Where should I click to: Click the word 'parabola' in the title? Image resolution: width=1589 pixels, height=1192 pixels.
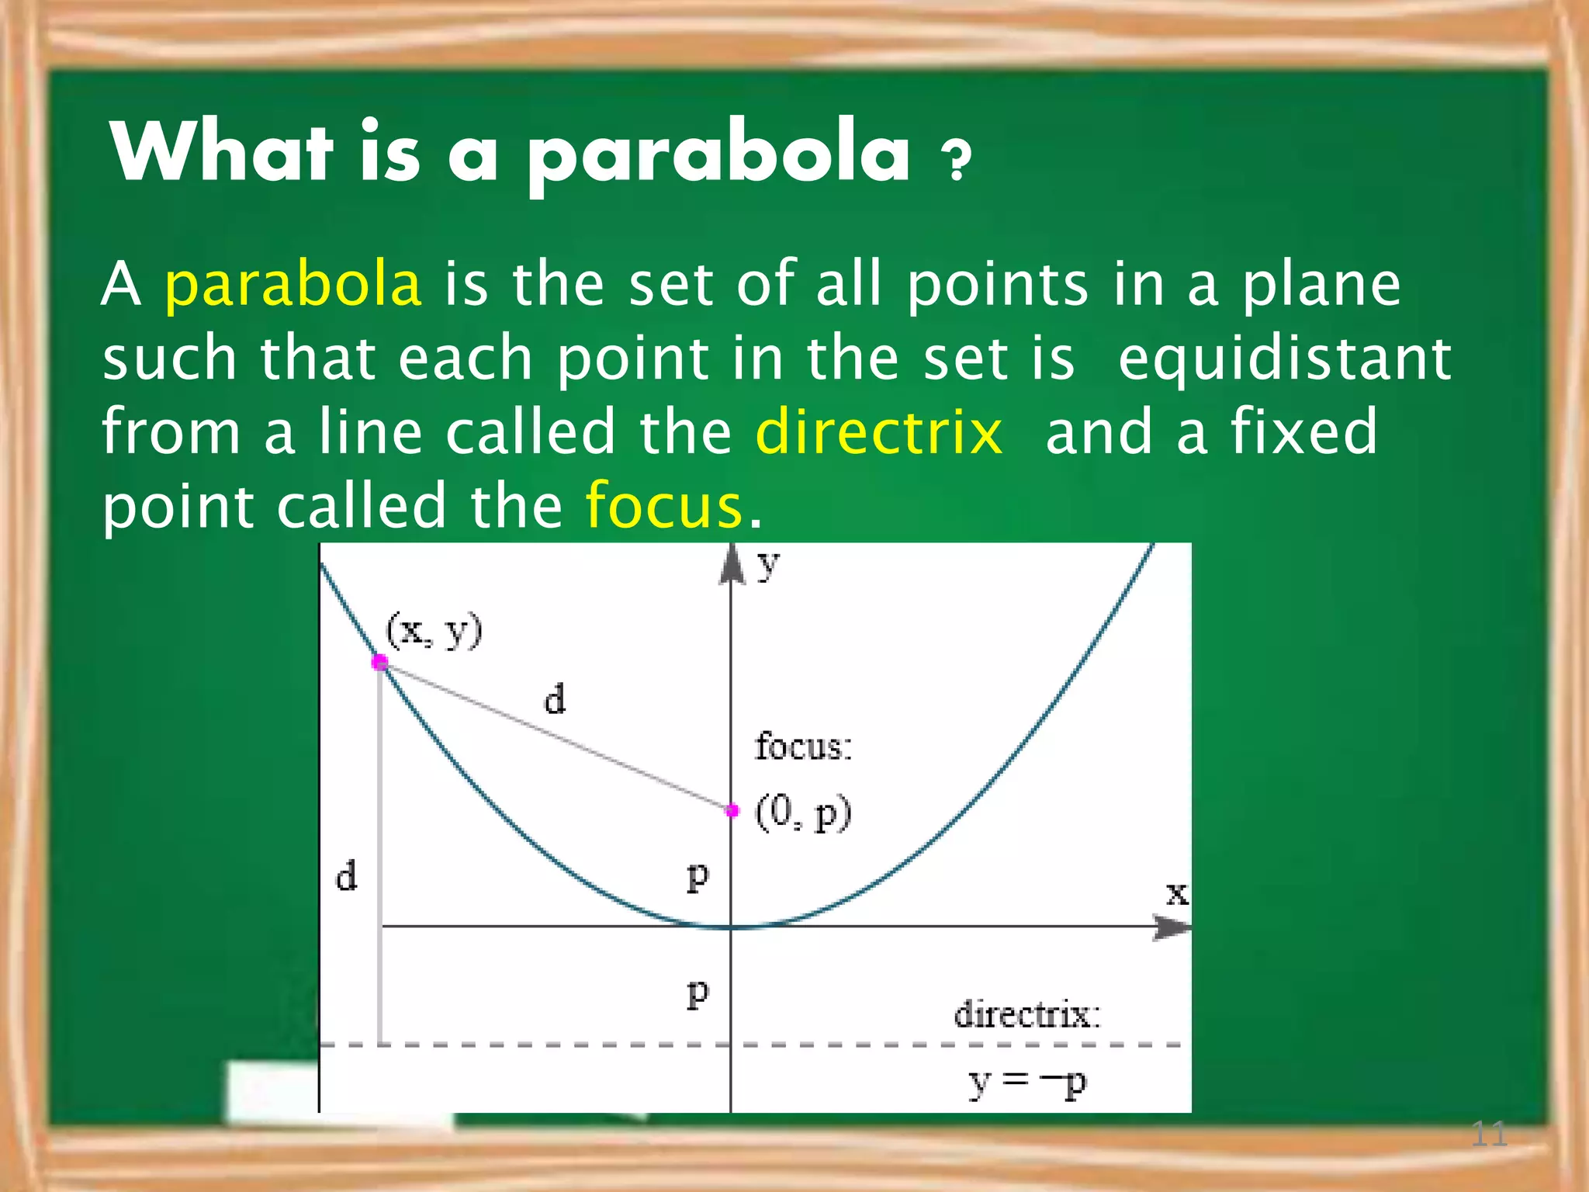[718, 155]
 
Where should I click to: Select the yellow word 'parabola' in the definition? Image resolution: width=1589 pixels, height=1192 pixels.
[293, 286]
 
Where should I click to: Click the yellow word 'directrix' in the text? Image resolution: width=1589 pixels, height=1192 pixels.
[878, 431]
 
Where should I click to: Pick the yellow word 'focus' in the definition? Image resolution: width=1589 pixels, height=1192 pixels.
[664, 506]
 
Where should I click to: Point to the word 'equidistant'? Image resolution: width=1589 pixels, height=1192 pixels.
[1284, 359]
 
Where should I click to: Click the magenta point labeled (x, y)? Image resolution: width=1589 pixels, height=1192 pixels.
[379, 662]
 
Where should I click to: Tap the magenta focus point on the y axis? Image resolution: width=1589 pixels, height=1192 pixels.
[732, 810]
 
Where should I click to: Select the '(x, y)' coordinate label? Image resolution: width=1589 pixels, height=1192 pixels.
[434, 631]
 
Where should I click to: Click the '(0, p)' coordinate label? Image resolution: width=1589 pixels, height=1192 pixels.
[803, 813]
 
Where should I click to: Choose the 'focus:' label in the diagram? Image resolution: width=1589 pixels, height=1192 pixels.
[803, 747]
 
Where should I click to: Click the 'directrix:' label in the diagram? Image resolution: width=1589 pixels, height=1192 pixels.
[1026, 1014]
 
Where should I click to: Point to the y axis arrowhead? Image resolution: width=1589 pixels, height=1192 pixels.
[731, 564]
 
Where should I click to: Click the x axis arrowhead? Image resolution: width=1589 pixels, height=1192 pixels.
[1171, 927]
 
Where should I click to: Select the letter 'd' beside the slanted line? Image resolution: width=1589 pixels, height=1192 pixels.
[554, 699]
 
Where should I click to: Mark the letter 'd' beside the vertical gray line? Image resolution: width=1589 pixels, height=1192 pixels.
[346, 876]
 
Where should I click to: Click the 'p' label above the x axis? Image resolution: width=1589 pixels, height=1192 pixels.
[698, 877]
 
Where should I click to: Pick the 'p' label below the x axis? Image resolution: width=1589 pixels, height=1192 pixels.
[698, 993]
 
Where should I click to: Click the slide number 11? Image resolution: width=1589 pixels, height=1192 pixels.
[1488, 1135]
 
